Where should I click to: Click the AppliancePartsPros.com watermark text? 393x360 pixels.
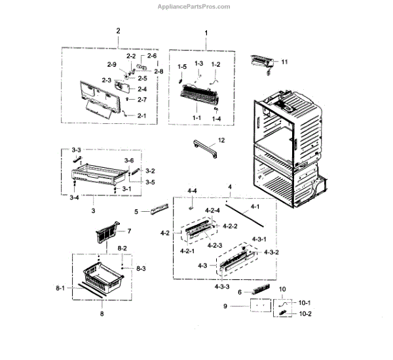(195, 7)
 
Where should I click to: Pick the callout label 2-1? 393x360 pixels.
(142, 115)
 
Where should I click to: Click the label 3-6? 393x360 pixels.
(130, 161)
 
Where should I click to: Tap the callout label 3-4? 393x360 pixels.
(76, 197)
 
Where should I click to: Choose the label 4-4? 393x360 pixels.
(192, 191)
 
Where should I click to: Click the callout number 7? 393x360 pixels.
(129, 231)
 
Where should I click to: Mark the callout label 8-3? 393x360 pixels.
(141, 269)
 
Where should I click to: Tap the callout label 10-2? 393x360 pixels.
(305, 314)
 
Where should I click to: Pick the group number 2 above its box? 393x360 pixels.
(119, 31)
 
